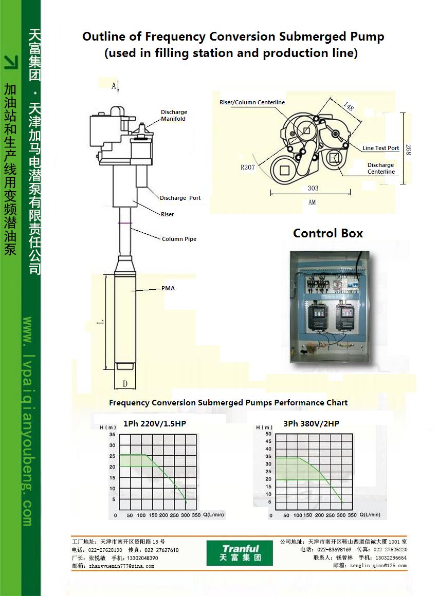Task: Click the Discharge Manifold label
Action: coord(174,116)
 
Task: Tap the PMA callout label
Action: coord(168,288)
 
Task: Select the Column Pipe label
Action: coord(179,239)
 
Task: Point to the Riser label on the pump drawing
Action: coord(167,214)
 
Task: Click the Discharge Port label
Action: coord(180,198)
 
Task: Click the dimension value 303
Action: coord(313,188)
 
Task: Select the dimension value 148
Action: coord(349,107)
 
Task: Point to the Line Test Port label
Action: coord(380,148)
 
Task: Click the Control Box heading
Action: coord(328,233)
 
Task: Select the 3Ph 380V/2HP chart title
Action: coord(311,424)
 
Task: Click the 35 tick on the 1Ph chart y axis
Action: coord(112,435)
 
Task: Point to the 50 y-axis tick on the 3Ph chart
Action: coord(268,434)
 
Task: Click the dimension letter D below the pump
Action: coord(125,384)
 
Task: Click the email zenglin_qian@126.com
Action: coord(376,566)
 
